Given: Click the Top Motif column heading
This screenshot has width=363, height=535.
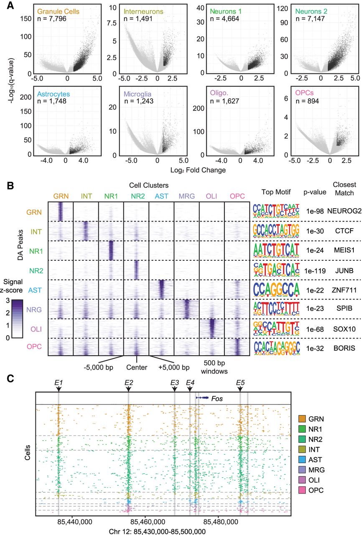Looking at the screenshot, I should [274, 191].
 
